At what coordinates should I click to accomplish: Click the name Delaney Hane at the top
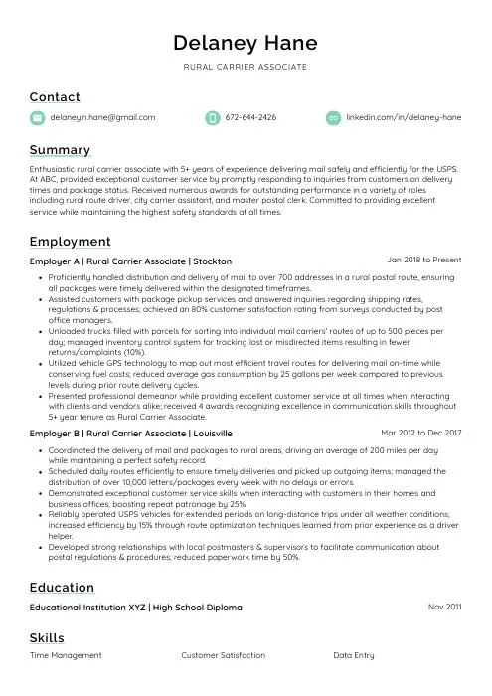click(246, 43)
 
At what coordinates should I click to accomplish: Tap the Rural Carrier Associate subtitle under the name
click(246, 67)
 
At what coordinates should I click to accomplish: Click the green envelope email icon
click(38, 117)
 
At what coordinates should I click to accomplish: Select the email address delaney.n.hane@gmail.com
click(103, 117)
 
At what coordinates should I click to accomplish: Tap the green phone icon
click(212, 117)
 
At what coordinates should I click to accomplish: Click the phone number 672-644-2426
click(250, 117)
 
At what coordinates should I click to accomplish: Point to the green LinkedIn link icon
click(333, 117)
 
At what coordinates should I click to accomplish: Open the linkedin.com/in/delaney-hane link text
click(404, 117)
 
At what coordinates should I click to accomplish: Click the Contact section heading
click(55, 97)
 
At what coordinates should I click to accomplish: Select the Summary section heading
click(60, 150)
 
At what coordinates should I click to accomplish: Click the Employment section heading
click(70, 242)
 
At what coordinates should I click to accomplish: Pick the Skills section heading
click(47, 638)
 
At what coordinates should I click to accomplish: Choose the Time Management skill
click(66, 656)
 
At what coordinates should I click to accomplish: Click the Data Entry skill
click(354, 656)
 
